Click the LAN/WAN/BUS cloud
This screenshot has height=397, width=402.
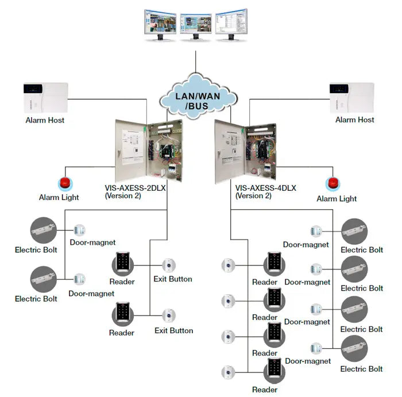coord(198,98)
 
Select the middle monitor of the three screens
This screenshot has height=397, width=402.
coord(195,24)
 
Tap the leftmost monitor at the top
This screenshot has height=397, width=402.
coord(160,24)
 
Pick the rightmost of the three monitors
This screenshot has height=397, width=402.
coord(231,24)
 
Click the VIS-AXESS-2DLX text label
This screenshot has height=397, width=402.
coord(136,187)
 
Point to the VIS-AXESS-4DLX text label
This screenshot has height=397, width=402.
coord(266,187)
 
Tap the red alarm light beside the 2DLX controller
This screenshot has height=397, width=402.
coord(64,184)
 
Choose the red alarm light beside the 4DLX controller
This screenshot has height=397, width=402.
coord(333,184)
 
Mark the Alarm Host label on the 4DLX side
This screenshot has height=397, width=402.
coord(354,120)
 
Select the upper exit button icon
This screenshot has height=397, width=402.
coord(168,265)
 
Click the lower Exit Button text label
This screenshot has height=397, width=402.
coord(173,330)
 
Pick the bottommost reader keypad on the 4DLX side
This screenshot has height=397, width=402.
coord(274,371)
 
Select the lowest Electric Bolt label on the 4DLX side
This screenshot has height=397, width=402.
coord(361,369)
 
